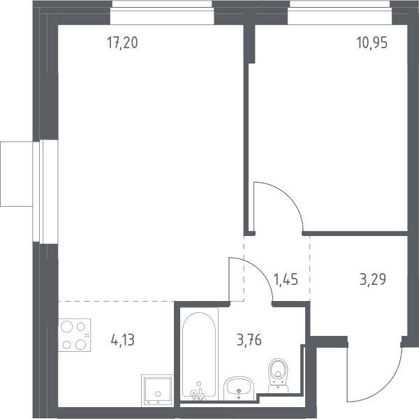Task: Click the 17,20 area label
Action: (122, 43)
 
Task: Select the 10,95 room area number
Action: (372, 43)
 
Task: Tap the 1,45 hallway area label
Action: (286, 279)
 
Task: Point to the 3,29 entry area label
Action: (373, 279)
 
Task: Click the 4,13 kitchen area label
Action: (123, 340)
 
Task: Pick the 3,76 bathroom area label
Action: (249, 340)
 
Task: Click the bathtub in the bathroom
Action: (199, 354)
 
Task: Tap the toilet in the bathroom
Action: (278, 376)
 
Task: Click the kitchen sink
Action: (157, 390)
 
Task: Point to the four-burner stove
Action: (74, 335)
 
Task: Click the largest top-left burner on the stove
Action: (66, 327)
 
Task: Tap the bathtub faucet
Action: (198, 392)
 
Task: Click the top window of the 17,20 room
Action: (162, 13)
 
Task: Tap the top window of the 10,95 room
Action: (339, 13)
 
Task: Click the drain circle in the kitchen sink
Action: (158, 394)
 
